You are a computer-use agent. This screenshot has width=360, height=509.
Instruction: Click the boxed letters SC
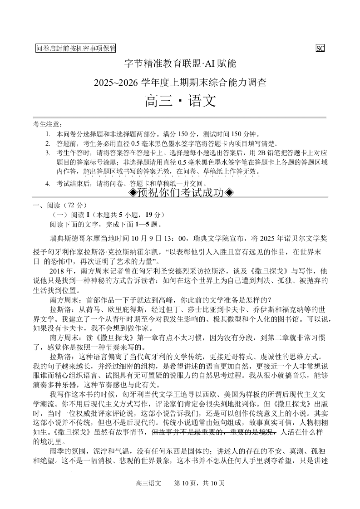click(x=320, y=49)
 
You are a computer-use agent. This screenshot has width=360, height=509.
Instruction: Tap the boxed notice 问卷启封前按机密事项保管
click(x=76, y=49)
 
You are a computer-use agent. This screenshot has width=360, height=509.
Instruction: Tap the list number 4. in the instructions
click(x=48, y=184)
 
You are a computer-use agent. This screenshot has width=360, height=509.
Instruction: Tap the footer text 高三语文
click(x=148, y=484)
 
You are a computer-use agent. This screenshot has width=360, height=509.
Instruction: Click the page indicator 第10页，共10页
click(x=199, y=484)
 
